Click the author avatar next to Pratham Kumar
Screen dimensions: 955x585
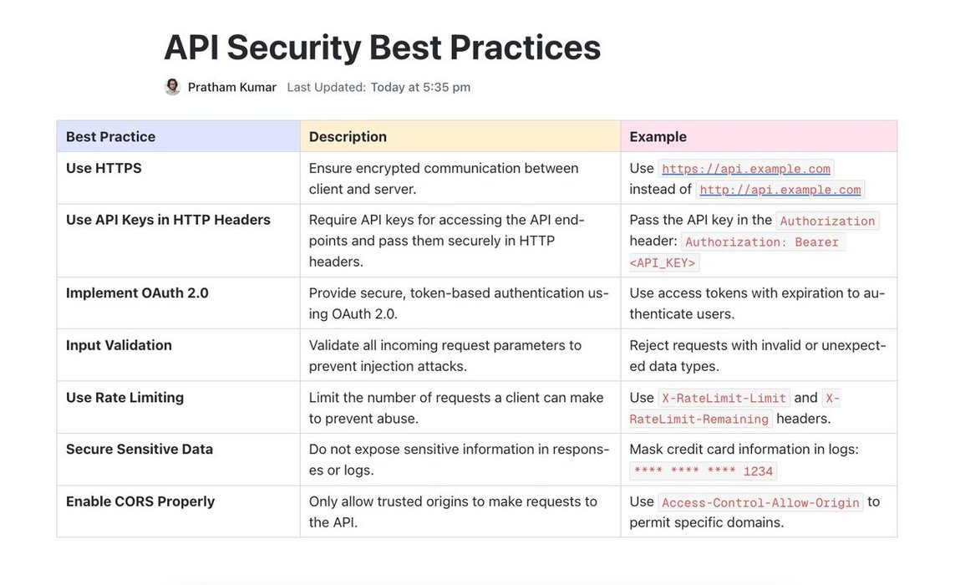(x=172, y=87)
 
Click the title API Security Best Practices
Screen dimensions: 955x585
(x=383, y=48)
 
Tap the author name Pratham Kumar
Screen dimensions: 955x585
(x=232, y=87)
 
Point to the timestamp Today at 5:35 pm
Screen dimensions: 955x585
(x=420, y=87)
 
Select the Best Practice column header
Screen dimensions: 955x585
(x=111, y=136)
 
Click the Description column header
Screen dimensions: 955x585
(x=348, y=136)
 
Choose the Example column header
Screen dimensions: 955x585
(x=658, y=136)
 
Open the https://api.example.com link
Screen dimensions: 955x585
(x=746, y=169)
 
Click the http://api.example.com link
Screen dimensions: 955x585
(x=780, y=190)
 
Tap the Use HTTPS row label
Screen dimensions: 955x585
(x=104, y=168)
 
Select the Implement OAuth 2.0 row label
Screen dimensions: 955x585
(x=137, y=293)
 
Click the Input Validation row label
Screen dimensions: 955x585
(x=119, y=345)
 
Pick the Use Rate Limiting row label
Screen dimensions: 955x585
(x=124, y=397)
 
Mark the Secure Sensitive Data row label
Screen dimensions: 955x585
(x=140, y=449)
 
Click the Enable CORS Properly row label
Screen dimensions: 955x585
(x=140, y=501)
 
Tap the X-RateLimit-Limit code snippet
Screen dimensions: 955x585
(x=724, y=398)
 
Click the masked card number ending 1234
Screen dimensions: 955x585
(x=703, y=471)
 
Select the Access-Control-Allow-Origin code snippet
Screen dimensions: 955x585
(x=760, y=503)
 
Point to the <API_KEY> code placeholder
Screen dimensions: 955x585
(x=662, y=262)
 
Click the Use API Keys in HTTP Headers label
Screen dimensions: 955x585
(x=168, y=220)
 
